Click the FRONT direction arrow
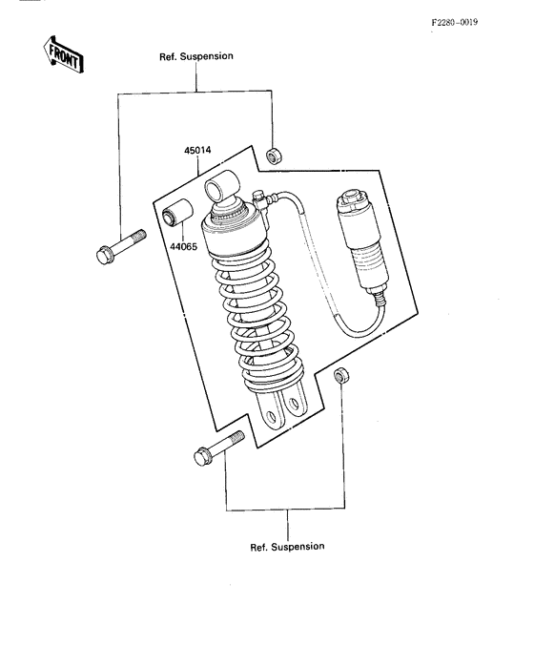(x=63, y=54)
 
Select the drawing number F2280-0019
(x=455, y=22)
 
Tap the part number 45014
(x=197, y=151)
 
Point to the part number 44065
(x=184, y=247)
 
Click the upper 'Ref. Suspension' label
(x=196, y=56)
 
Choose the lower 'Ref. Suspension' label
(x=287, y=547)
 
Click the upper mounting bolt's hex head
(x=104, y=255)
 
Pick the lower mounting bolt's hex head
(x=202, y=456)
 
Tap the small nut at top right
(x=273, y=156)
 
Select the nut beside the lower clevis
(x=341, y=374)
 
